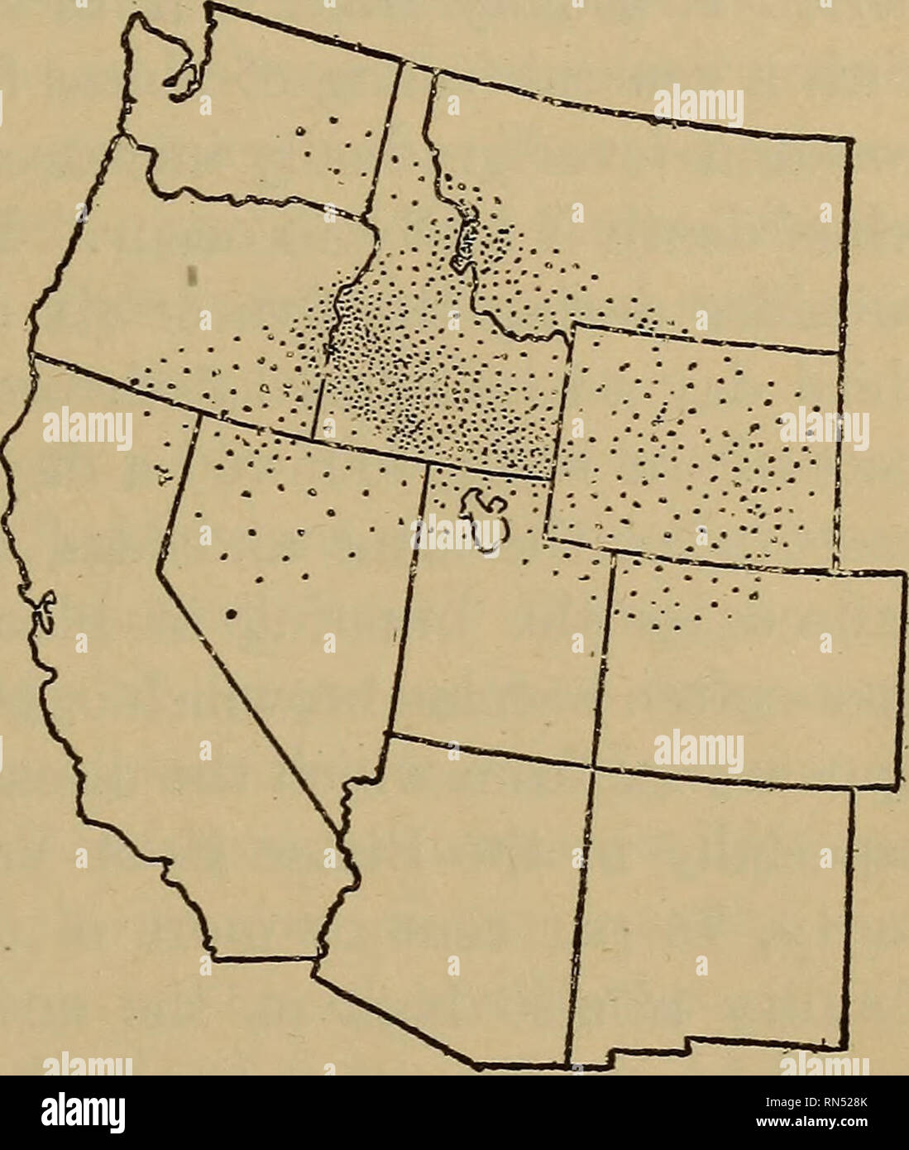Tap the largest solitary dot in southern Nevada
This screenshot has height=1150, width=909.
tap(232, 613)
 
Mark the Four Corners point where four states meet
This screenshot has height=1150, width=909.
tap(591, 766)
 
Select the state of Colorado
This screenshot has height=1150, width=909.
tap(744, 670)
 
